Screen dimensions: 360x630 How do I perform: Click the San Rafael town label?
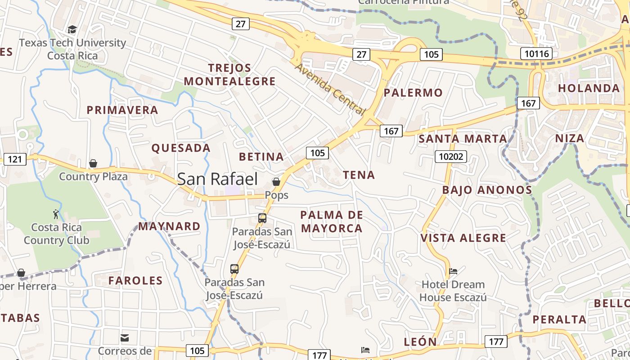(x=217, y=179)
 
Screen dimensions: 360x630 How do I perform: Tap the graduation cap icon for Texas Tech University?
(x=72, y=30)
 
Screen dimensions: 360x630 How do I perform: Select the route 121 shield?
(x=15, y=159)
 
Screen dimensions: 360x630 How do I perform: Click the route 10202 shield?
(x=450, y=157)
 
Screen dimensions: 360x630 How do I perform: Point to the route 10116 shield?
(x=537, y=54)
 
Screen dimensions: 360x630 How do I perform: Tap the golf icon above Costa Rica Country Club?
(x=56, y=214)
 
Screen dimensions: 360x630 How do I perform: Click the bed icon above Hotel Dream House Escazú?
(x=453, y=271)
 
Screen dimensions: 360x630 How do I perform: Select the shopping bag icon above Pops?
(x=276, y=182)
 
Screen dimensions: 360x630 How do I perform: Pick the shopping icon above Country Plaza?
(x=93, y=163)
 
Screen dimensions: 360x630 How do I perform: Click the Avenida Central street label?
(x=330, y=89)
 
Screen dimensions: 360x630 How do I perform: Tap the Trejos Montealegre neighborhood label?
(x=229, y=75)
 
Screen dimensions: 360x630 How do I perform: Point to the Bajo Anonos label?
(x=487, y=190)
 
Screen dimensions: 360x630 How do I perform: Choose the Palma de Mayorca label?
(x=332, y=221)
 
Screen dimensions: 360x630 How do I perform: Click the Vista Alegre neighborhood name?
(x=463, y=238)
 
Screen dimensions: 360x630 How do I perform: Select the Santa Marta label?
(x=463, y=139)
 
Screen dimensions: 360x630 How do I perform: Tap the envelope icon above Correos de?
(x=125, y=337)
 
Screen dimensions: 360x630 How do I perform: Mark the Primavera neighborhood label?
(x=122, y=110)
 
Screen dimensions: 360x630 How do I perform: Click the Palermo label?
(x=413, y=93)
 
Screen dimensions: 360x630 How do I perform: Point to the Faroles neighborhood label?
(x=135, y=281)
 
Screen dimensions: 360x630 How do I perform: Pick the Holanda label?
(x=589, y=88)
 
